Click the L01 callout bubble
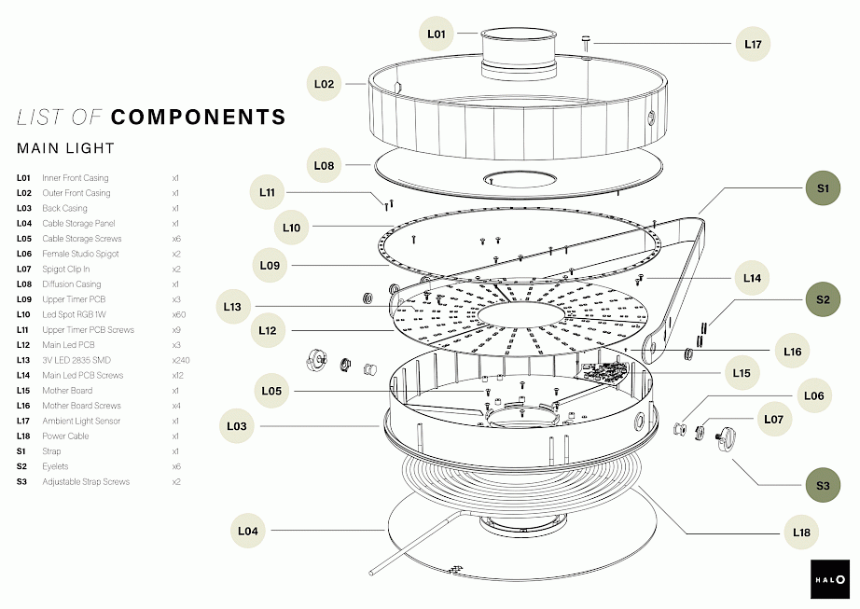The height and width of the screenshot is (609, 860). tap(437, 35)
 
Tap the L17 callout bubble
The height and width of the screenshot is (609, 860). tap(754, 44)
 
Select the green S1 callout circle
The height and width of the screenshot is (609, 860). tap(822, 188)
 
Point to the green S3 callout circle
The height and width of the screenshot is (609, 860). tap(822, 485)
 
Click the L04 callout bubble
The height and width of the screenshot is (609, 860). tap(247, 531)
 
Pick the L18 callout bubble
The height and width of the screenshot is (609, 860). tap(801, 533)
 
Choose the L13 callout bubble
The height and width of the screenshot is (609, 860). tap(232, 306)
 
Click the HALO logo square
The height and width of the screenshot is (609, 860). tap(829, 578)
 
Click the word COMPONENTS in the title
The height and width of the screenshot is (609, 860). tap(198, 117)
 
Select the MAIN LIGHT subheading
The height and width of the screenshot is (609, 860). tap(65, 148)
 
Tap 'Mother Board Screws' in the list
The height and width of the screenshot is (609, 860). tap(81, 406)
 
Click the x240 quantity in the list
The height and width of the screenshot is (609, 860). tap(180, 360)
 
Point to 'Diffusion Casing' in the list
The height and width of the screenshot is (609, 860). tap(72, 284)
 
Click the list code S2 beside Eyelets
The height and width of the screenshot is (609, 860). tap(22, 466)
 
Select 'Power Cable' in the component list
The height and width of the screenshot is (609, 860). tap(65, 436)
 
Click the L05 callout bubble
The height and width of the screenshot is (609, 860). tap(271, 391)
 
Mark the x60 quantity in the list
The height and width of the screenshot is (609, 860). tap(178, 314)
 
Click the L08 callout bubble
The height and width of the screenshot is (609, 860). tap(324, 165)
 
